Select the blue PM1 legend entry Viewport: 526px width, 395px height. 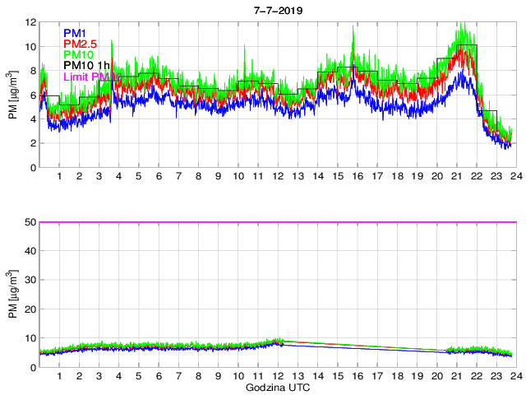[77, 32]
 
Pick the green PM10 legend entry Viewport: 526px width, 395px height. [80, 54]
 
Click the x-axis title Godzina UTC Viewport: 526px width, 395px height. [276, 387]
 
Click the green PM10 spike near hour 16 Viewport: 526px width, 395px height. [353, 30]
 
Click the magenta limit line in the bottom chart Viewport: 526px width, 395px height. [276, 222]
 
